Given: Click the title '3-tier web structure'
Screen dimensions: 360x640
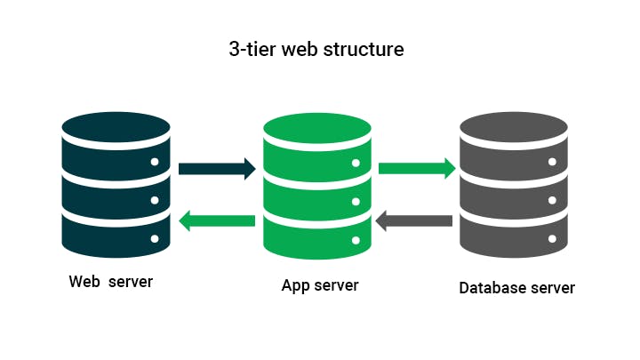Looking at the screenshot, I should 316,49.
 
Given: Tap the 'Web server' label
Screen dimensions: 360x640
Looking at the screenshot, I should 111,282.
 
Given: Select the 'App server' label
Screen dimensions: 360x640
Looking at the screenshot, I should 320,285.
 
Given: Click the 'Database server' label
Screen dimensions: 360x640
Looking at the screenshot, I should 516,288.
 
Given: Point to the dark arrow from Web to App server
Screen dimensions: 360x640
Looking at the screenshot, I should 217,168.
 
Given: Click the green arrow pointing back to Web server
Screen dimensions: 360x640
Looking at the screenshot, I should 217,220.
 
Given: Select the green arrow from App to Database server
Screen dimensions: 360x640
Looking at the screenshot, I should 417,168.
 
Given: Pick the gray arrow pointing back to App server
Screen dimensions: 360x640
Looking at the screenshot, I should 414,220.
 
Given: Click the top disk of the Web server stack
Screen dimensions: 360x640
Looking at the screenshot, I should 116,147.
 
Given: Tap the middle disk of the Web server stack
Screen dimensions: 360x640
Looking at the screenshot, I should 116,190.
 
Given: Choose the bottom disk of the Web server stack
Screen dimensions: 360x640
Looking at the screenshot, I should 116,233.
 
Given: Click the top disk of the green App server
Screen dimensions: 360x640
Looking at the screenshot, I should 317,147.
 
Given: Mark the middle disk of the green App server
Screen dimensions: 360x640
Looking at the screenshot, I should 317,190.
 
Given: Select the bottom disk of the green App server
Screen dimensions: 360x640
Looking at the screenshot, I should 317,233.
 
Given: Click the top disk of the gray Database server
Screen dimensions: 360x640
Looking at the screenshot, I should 513,147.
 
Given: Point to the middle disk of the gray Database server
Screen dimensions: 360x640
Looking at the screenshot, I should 513,190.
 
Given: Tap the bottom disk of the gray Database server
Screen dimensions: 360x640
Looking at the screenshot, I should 513,233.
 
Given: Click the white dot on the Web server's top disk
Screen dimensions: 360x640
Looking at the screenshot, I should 155,162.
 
